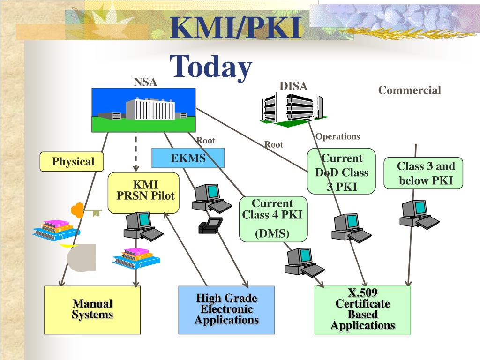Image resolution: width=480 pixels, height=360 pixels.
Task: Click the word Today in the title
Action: pos(210,67)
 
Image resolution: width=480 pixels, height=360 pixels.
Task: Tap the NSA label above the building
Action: pos(145,82)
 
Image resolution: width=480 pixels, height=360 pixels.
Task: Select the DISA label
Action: pos(293,86)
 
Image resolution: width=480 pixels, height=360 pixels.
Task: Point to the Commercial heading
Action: pos(410,90)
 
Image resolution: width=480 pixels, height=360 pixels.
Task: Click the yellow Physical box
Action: pos(72,162)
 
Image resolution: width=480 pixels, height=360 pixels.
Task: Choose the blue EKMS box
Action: pos(188,158)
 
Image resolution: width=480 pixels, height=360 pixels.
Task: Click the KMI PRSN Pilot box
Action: pos(143,193)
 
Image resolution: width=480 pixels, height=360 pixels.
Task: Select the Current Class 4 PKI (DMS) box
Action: pos(273,219)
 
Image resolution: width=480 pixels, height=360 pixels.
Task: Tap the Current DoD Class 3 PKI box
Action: pos(341,171)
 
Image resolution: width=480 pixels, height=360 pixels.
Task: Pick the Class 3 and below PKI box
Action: pos(423,173)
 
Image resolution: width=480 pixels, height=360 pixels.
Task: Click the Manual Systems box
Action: pos(92,310)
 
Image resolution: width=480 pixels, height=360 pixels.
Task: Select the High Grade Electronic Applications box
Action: pos(226,310)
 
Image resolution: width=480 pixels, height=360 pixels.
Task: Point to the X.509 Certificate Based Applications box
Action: pos(363,310)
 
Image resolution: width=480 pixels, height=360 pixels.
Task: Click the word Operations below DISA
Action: pos(337,136)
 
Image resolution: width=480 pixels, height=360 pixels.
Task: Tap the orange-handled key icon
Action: pos(86,210)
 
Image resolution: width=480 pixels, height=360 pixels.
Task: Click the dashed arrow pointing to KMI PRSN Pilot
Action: pos(136,154)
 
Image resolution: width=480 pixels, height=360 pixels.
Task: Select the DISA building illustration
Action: pos(293,110)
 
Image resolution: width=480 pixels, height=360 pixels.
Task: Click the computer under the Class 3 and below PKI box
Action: pos(419,214)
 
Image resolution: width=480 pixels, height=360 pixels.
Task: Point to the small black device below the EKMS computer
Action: pos(210,225)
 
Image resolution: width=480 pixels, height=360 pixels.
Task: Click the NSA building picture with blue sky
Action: pos(143,110)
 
